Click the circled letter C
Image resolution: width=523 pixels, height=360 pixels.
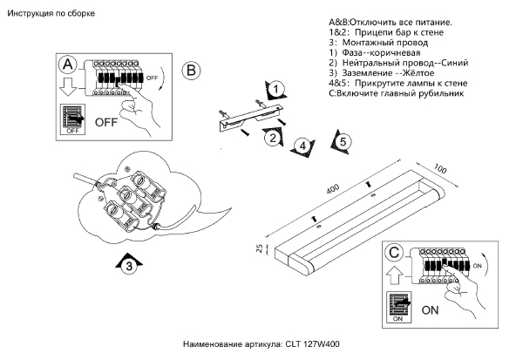[395, 254]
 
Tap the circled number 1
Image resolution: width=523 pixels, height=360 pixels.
[276, 89]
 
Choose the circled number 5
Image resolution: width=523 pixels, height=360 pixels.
[343, 140]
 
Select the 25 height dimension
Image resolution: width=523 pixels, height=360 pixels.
[259, 250]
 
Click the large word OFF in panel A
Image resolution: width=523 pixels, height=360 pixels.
[105, 120]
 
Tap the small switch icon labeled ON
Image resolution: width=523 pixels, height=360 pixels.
[398, 308]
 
